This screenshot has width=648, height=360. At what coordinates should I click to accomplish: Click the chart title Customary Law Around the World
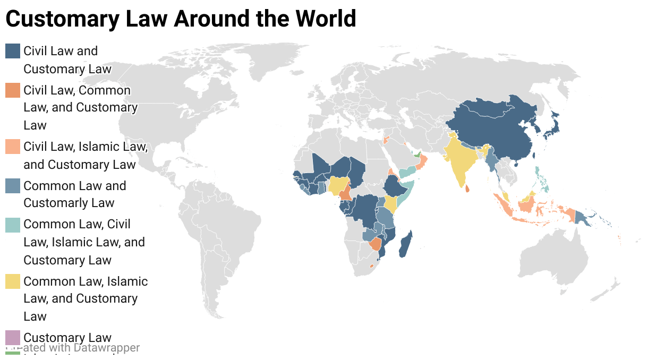[x=181, y=19]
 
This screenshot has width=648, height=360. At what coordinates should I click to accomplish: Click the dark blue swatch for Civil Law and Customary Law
[x=13, y=51]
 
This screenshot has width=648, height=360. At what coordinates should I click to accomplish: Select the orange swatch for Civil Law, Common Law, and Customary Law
[x=13, y=90]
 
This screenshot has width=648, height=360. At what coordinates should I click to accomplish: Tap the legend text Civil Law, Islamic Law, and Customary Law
[x=85, y=156]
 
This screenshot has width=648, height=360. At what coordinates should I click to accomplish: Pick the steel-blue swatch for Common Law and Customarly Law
[x=13, y=186]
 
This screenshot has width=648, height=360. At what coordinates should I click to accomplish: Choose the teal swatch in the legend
[x=13, y=225]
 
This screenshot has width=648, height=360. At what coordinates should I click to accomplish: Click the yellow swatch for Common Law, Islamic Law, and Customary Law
[x=13, y=281]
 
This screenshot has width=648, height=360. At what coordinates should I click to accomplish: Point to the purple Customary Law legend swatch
[x=13, y=338]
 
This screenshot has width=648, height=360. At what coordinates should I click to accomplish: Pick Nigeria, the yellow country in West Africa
[x=337, y=185]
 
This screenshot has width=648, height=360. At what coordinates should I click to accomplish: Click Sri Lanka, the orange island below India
[x=467, y=188]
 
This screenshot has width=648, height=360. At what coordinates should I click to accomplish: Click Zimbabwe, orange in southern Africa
[x=376, y=244]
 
